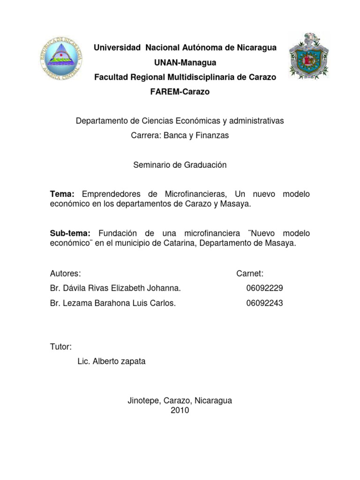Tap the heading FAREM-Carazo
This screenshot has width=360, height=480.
[180, 92]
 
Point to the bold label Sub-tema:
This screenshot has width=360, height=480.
[73, 233]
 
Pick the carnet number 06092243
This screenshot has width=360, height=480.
[264, 303]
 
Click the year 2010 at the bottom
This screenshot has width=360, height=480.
[180, 411]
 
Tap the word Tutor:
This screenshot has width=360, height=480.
[60, 347]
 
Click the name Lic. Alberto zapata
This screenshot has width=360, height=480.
[107, 361]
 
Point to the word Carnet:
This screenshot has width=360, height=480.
[250, 273]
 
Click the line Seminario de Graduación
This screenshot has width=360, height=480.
[180, 165]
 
